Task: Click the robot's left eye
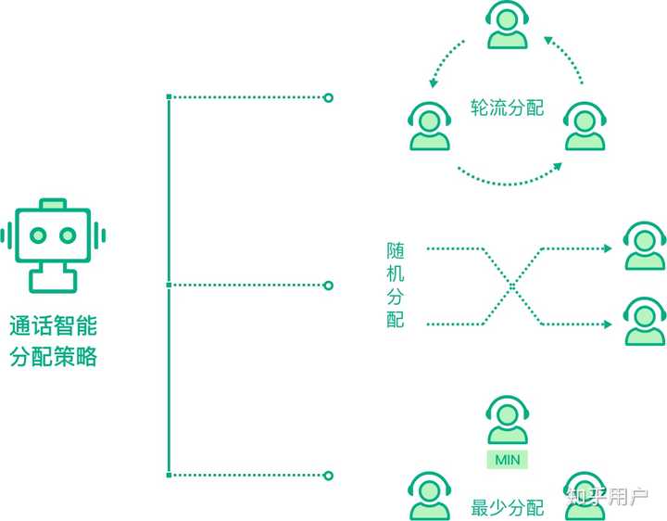click(x=37, y=235)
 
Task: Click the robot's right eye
click(x=68, y=235)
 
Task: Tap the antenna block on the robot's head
click(x=53, y=202)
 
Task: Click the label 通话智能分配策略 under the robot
click(x=53, y=341)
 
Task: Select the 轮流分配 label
click(x=507, y=108)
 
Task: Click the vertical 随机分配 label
click(x=396, y=286)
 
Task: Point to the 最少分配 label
click(x=507, y=508)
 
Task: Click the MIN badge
click(x=507, y=460)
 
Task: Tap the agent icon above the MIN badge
click(x=507, y=423)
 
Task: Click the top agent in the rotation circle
click(x=509, y=25)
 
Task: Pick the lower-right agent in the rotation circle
click(x=586, y=127)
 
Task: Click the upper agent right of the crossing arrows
click(x=643, y=246)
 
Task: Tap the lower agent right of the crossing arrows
click(x=643, y=321)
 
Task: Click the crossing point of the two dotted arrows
click(x=510, y=286)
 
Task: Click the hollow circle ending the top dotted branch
click(x=328, y=96)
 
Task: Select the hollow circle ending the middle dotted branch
click(x=328, y=286)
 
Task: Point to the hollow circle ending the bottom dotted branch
click(x=328, y=476)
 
